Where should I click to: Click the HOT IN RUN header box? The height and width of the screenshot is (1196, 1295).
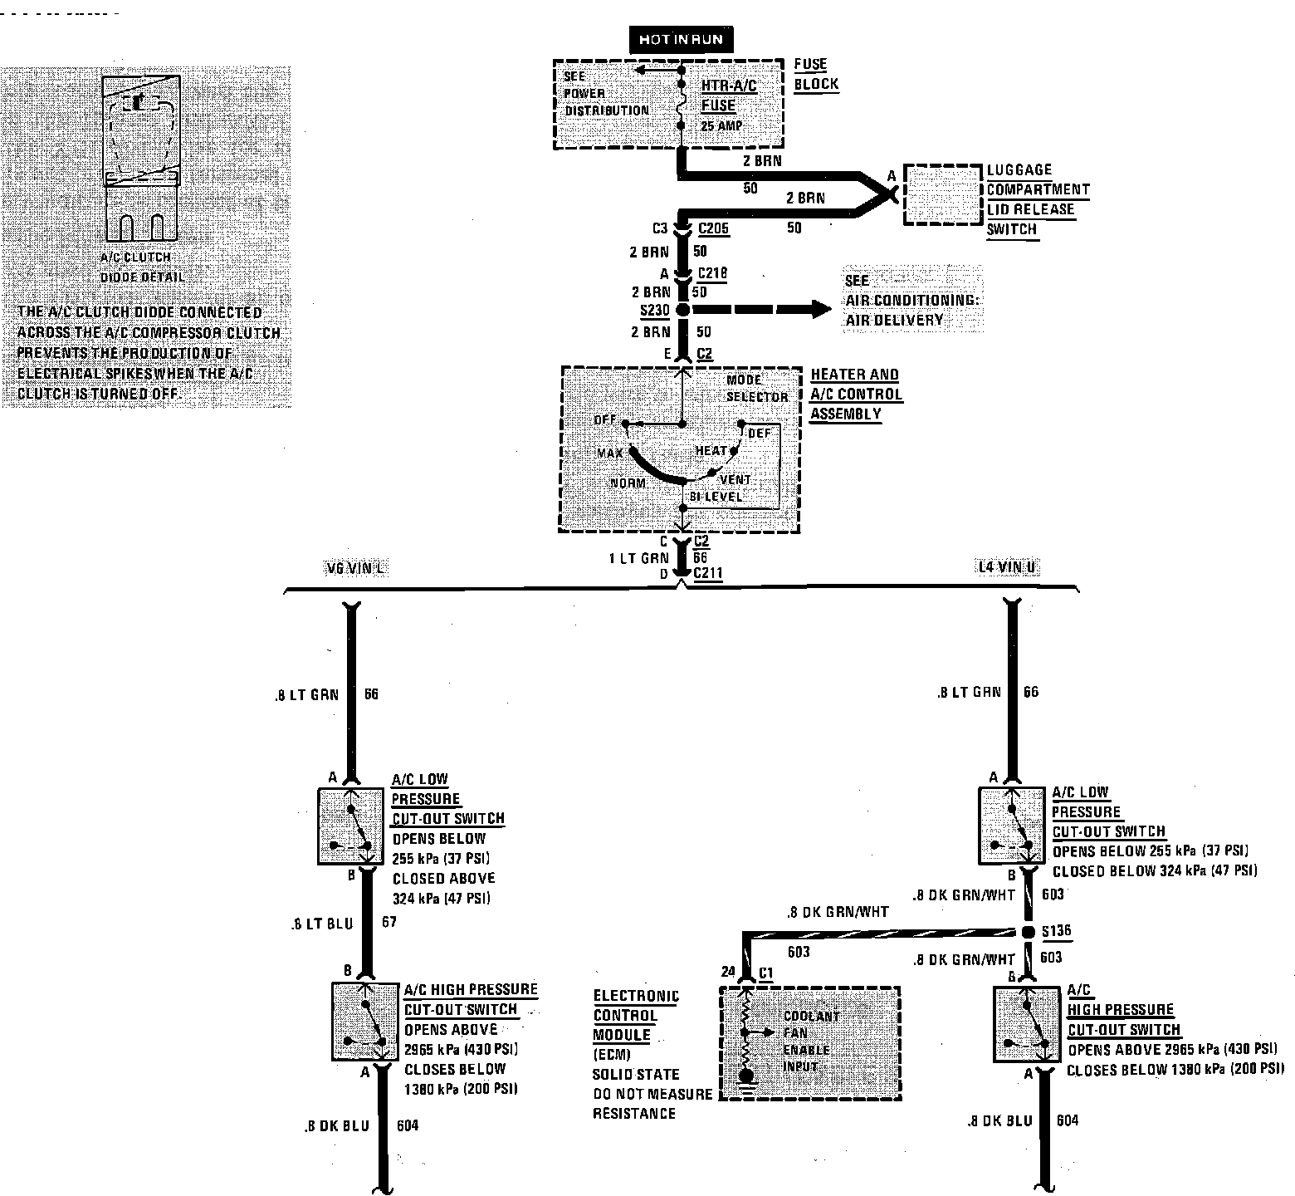point(680,40)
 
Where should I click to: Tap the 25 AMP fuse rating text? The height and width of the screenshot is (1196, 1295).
point(721,126)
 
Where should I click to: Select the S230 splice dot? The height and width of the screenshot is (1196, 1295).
point(683,311)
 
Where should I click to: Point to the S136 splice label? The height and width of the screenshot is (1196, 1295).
point(1056,931)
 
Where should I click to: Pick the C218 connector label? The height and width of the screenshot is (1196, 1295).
point(712,273)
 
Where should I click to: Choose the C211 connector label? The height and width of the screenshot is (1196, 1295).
point(708,574)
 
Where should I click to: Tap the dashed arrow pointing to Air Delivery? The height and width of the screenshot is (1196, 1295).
point(764,311)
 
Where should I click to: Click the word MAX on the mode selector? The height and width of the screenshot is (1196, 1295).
point(610,453)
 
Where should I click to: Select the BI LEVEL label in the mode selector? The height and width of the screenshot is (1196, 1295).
point(718,497)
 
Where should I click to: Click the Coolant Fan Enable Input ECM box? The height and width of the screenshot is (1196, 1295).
point(809,1043)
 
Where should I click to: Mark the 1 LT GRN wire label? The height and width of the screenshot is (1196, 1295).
point(638,559)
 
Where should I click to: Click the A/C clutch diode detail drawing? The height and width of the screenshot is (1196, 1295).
point(141,158)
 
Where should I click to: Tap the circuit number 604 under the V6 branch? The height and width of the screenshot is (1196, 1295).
point(407,1126)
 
